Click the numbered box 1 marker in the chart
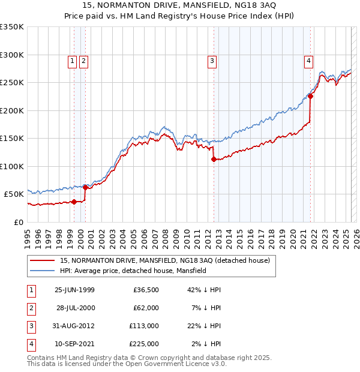pyautogui.click(x=72, y=60)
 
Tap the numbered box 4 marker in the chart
pyautogui.click(x=308, y=60)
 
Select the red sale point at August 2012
pyautogui.click(x=214, y=159)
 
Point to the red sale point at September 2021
pyautogui.click(x=310, y=96)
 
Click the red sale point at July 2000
pyautogui.click(x=85, y=187)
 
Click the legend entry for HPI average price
pyautogui.click(x=133, y=271)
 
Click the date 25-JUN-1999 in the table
pyautogui.click(x=74, y=290)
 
